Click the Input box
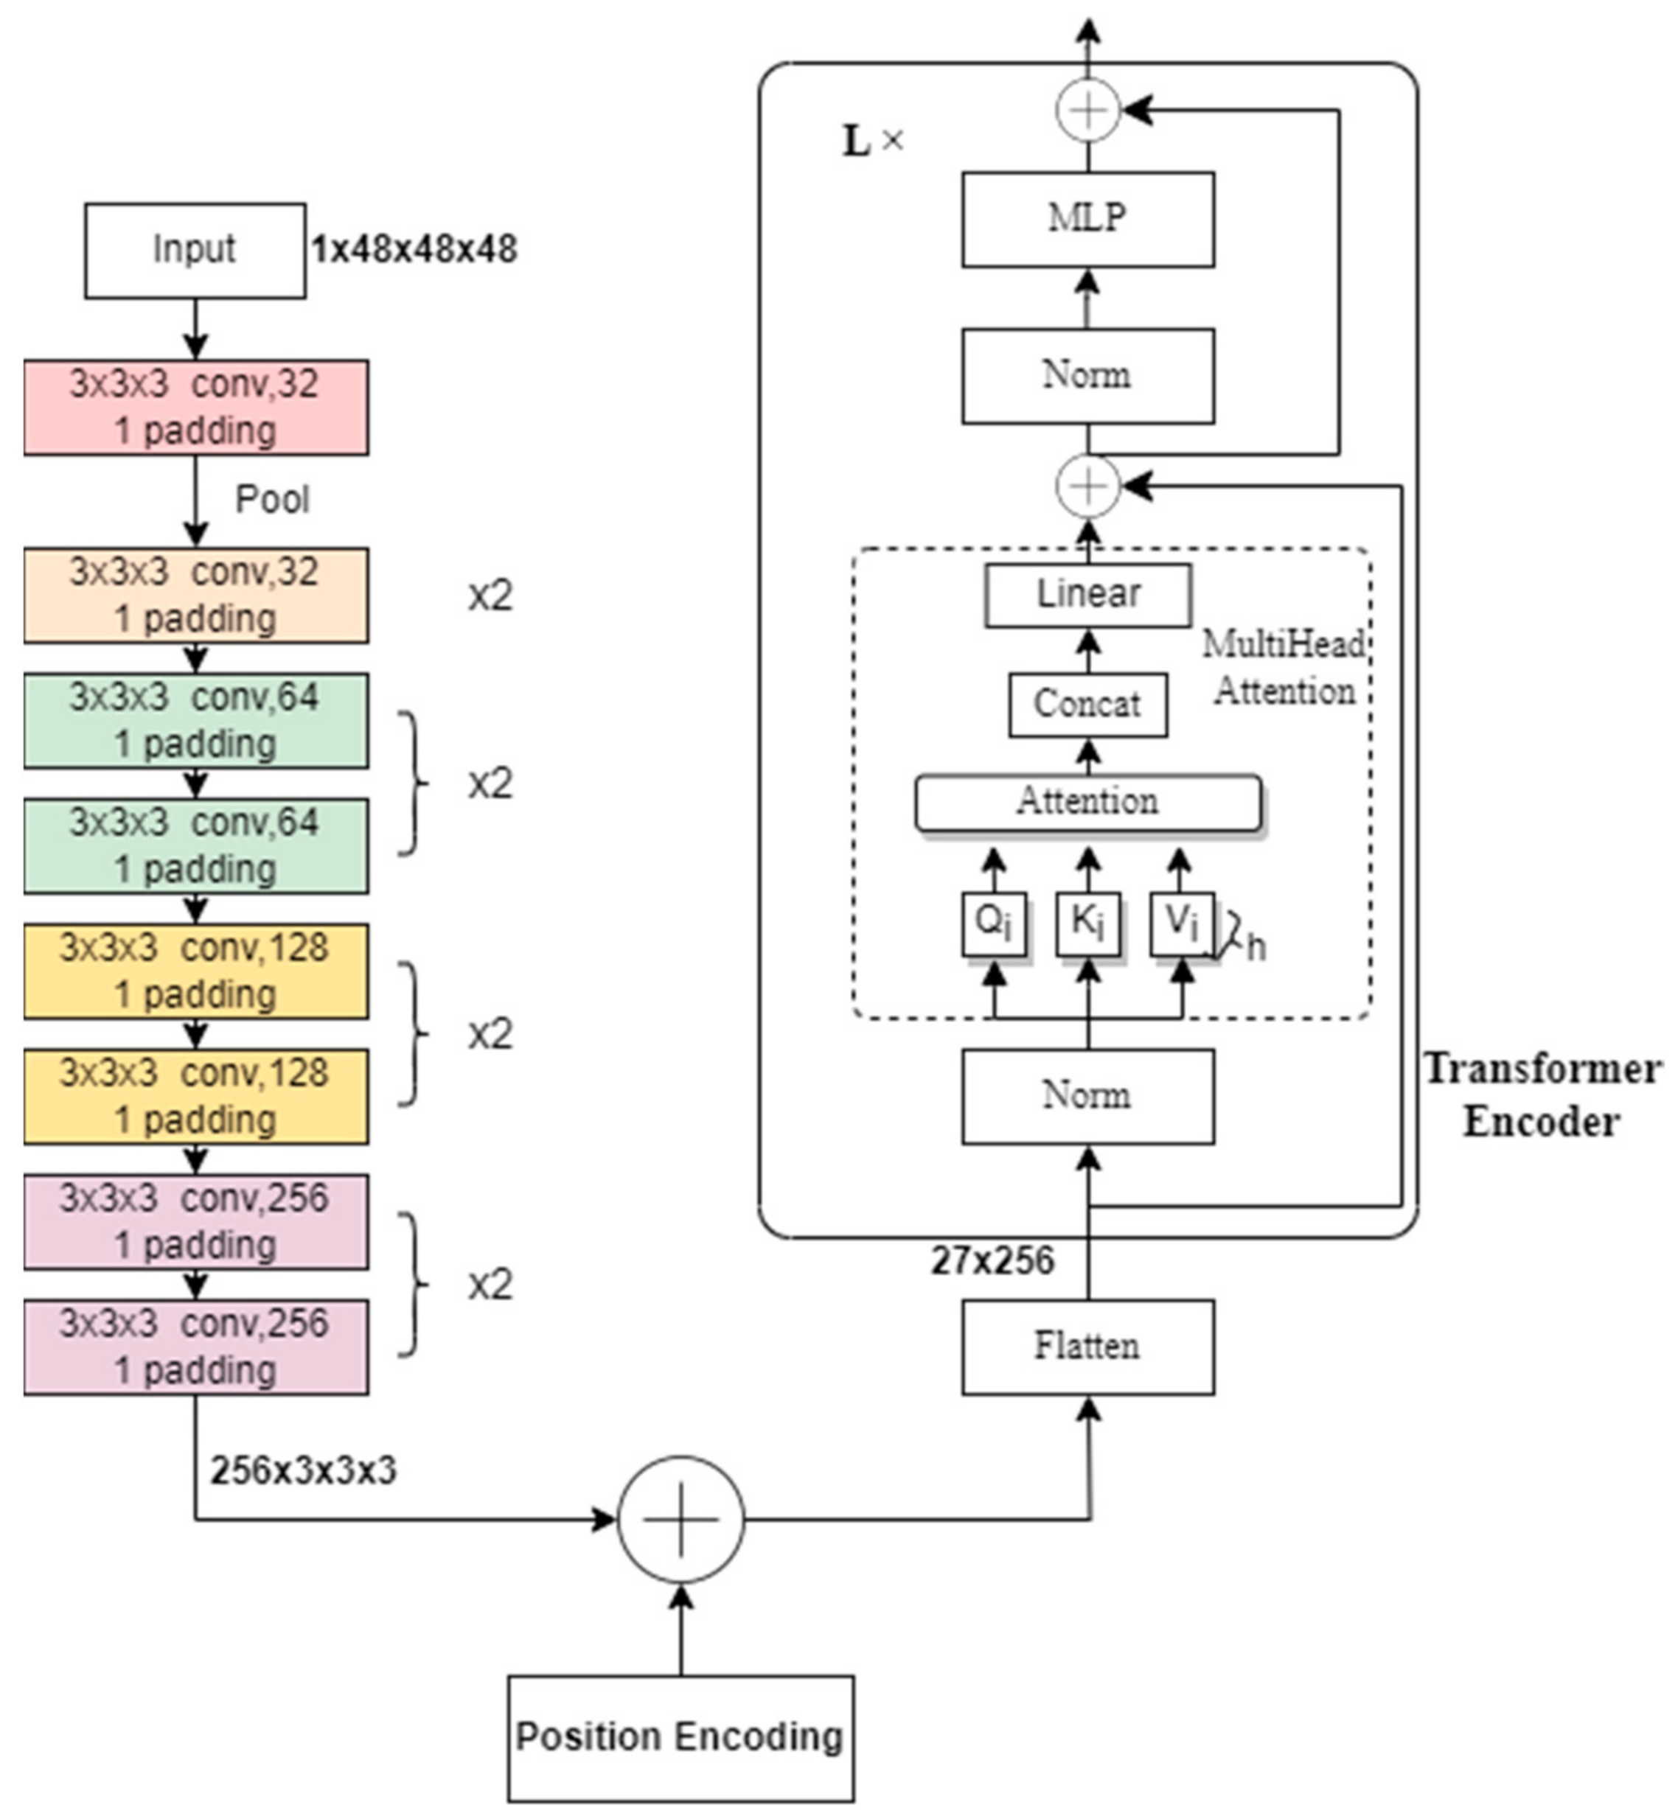tap(195, 251)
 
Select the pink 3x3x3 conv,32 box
tap(195, 408)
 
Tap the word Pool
tap(271, 499)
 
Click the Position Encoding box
tap(680, 1737)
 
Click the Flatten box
tap(1087, 1346)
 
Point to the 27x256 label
tap(992, 1261)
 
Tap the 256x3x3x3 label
tap(303, 1470)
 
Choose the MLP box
tap(1087, 219)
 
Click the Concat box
tap(1087, 705)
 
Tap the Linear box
tap(1087, 595)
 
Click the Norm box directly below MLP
tap(1087, 376)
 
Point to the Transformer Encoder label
tap(1542, 1094)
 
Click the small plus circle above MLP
tap(1087, 111)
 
